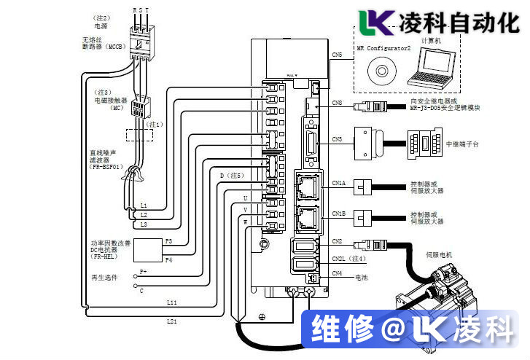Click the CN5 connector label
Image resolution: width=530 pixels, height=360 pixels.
coord(336,55)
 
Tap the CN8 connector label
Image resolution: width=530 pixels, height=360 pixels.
coord(337,103)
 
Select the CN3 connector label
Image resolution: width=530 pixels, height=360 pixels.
coord(337,138)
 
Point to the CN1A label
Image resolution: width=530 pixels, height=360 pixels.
coord(338,184)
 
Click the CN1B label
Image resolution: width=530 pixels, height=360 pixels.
coord(338,214)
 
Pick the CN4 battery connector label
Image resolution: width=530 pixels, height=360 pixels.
coord(337,273)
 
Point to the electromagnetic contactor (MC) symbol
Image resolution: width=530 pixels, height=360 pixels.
coord(139,109)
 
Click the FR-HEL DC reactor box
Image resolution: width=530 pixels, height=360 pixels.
coord(147,249)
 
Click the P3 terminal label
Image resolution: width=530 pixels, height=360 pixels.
coord(168,240)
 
